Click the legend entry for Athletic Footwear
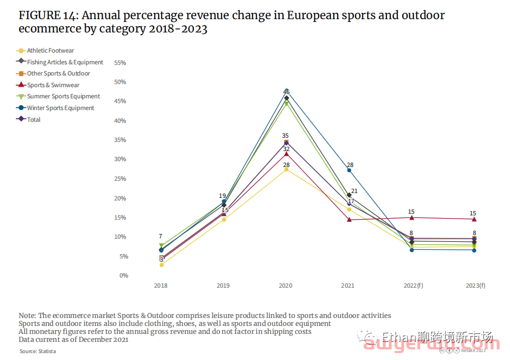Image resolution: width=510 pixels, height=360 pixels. pyautogui.click(x=50, y=51)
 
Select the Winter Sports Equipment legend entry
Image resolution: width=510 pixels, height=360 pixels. pyautogui.click(x=60, y=108)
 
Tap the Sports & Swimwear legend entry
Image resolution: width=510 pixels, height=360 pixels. pyautogui.click(x=53, y=85)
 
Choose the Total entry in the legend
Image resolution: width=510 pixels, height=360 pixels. pyautogui.click(x=33, y=120)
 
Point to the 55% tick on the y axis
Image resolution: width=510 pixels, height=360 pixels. pyautogui.click(x=120, y=63)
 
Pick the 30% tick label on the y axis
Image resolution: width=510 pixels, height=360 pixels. pyautogui.click(x=120, y=160)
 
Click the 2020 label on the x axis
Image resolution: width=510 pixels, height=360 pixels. pyautogui.click(x=286, y=286)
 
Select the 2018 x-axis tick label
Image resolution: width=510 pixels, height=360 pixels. pyautogui.click(x=161, y=286)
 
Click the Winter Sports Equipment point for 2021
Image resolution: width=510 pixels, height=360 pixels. pyautogui.click(x=349, y=170)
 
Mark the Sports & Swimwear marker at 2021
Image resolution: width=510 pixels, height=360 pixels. pyautogui.click(x=349, y=219)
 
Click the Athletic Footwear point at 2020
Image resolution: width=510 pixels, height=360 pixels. pyautogui.click(x=286, y=169)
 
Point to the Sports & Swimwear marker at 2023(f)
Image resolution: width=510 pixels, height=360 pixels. pyautogui.click(x=474, y=219)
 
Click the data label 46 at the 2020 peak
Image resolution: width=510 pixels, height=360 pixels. pyautogui.click(x=286, y=92)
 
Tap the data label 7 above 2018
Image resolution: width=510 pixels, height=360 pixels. pyautogui.click(x=160, y=236)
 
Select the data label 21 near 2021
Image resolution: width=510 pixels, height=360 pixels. pyautogui.click(x=354, y=191)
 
